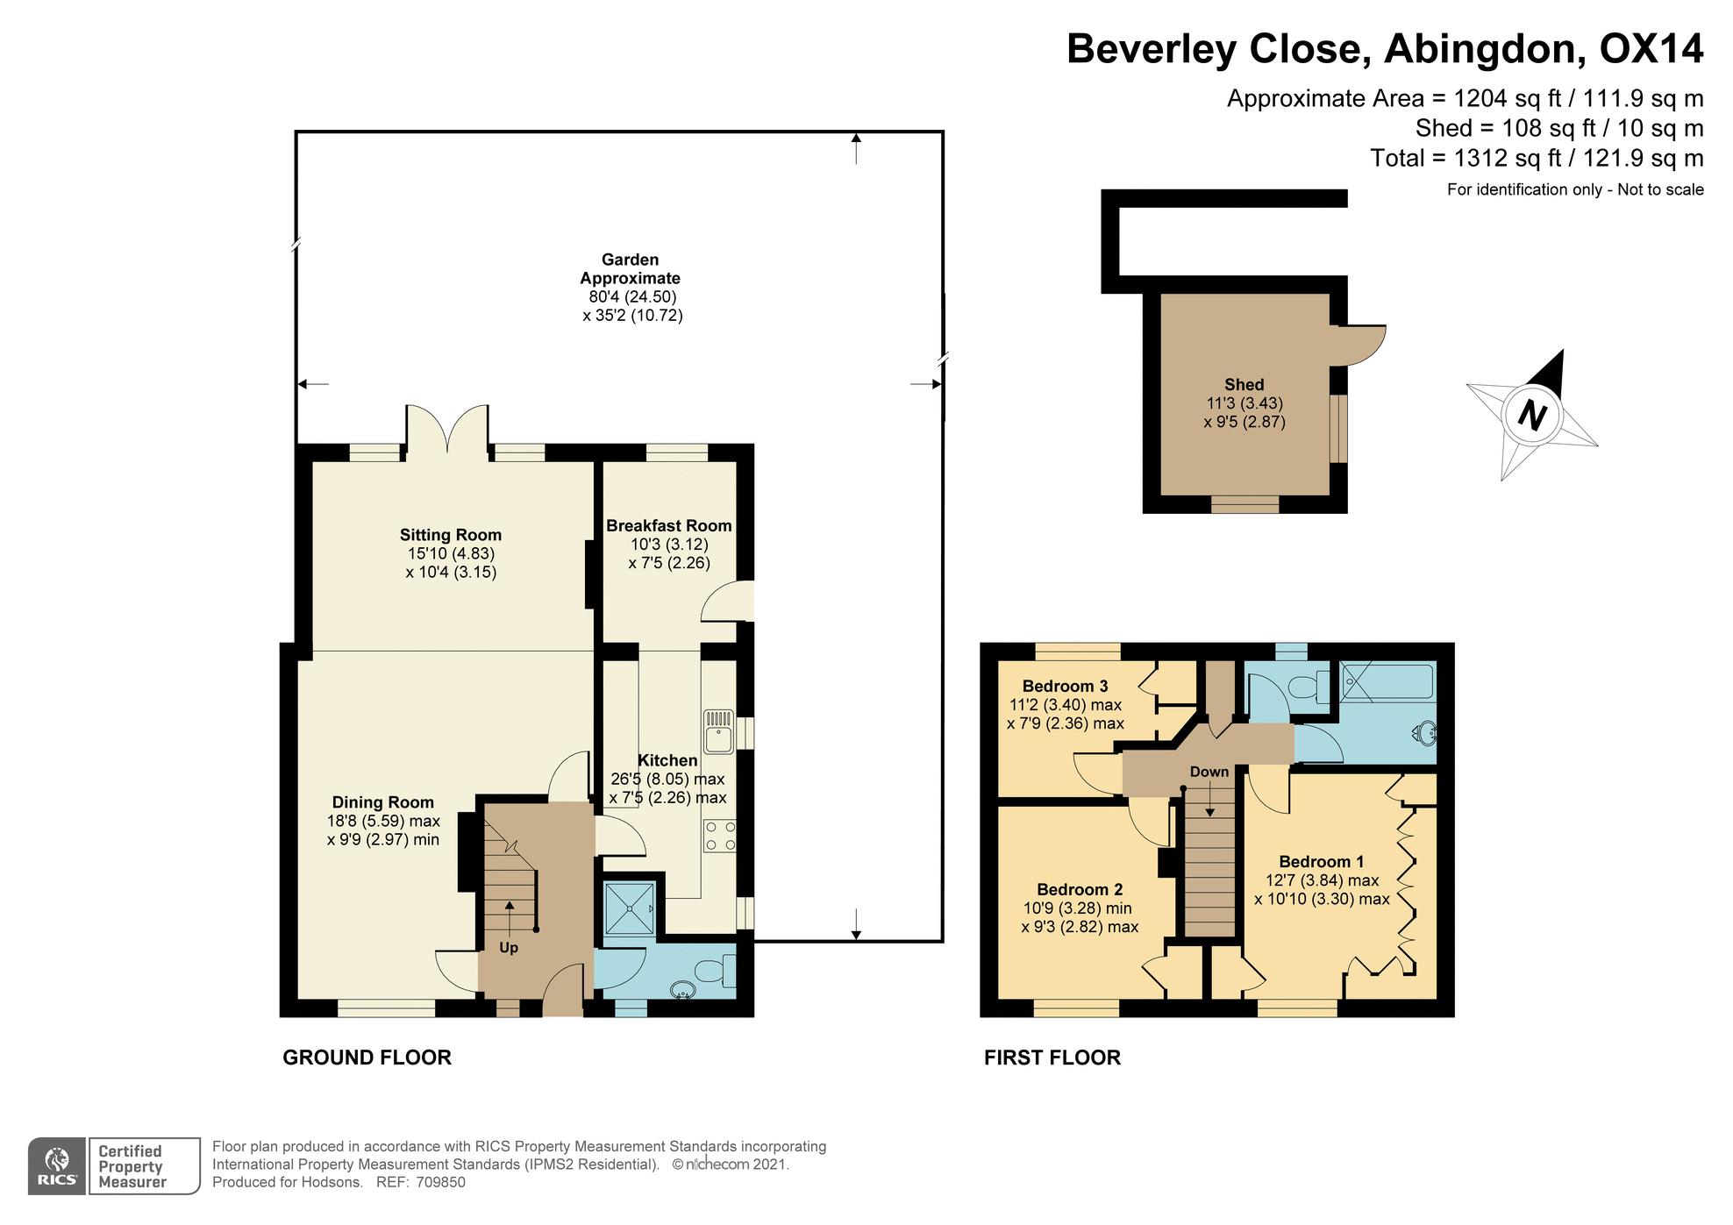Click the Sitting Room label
point(451,535)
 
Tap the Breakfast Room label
point(669,526)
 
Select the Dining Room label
point(382,802)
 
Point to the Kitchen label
point(667,760)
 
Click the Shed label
point(1244,384)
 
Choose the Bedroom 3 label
point(1065,686)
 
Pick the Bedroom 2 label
point(1080,889)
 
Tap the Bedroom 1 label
point(1322,861)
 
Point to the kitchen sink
point(719,730)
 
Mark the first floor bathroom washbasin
point(1426,732)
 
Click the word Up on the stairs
point(509,948)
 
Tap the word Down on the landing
point(1209,772)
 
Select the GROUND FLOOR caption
point(367,1058)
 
